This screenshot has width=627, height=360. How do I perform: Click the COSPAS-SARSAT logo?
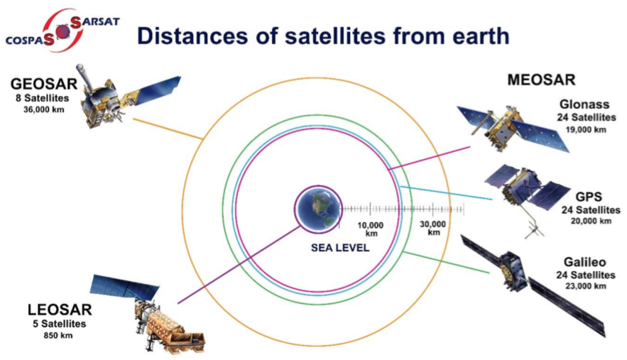click(62, 31)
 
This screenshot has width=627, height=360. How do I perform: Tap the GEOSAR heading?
click(44, 84)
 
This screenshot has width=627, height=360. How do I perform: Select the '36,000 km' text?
click(43, 109)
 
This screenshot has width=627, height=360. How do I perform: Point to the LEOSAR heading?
click(60, 310)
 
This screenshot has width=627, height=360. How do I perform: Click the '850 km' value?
click(58, 335)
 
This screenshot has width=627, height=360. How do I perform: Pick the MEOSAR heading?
click(541, 80)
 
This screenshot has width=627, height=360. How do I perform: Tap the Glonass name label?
click(584, 104)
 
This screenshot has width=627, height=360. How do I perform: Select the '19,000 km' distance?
click(586, 130)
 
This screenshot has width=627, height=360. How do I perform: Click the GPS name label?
click(589, 197)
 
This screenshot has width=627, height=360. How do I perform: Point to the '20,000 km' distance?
click(591, 221)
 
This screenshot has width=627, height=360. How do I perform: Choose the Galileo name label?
click(584, 262)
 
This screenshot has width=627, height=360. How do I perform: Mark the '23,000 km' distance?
click(586, 286)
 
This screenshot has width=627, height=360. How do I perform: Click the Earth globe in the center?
click(319, 209)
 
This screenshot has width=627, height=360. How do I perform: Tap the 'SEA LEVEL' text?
click(340, 248)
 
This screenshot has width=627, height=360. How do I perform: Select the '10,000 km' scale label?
click(371, 229)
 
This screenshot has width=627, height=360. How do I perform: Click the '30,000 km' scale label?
click(433, 229)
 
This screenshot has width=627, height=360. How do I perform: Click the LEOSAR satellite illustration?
click(148, 314)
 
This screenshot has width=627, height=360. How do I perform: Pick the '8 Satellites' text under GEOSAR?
click(43, 98)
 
